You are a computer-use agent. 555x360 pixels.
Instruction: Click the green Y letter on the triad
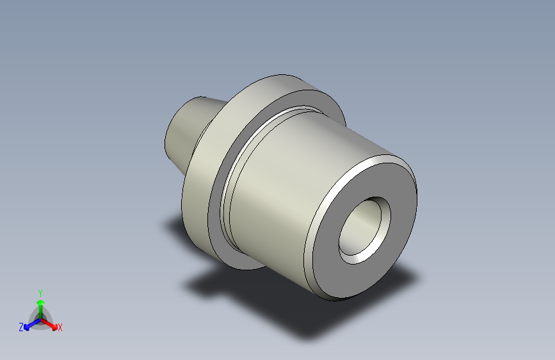tap(40, 291)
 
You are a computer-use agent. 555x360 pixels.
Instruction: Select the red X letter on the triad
tap(60, 328)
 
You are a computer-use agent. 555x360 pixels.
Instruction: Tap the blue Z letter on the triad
tap(21, 327)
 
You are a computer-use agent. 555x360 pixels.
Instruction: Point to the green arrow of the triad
tap(40, 307)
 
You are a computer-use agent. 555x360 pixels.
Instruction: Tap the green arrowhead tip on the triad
tap(40, 299)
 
